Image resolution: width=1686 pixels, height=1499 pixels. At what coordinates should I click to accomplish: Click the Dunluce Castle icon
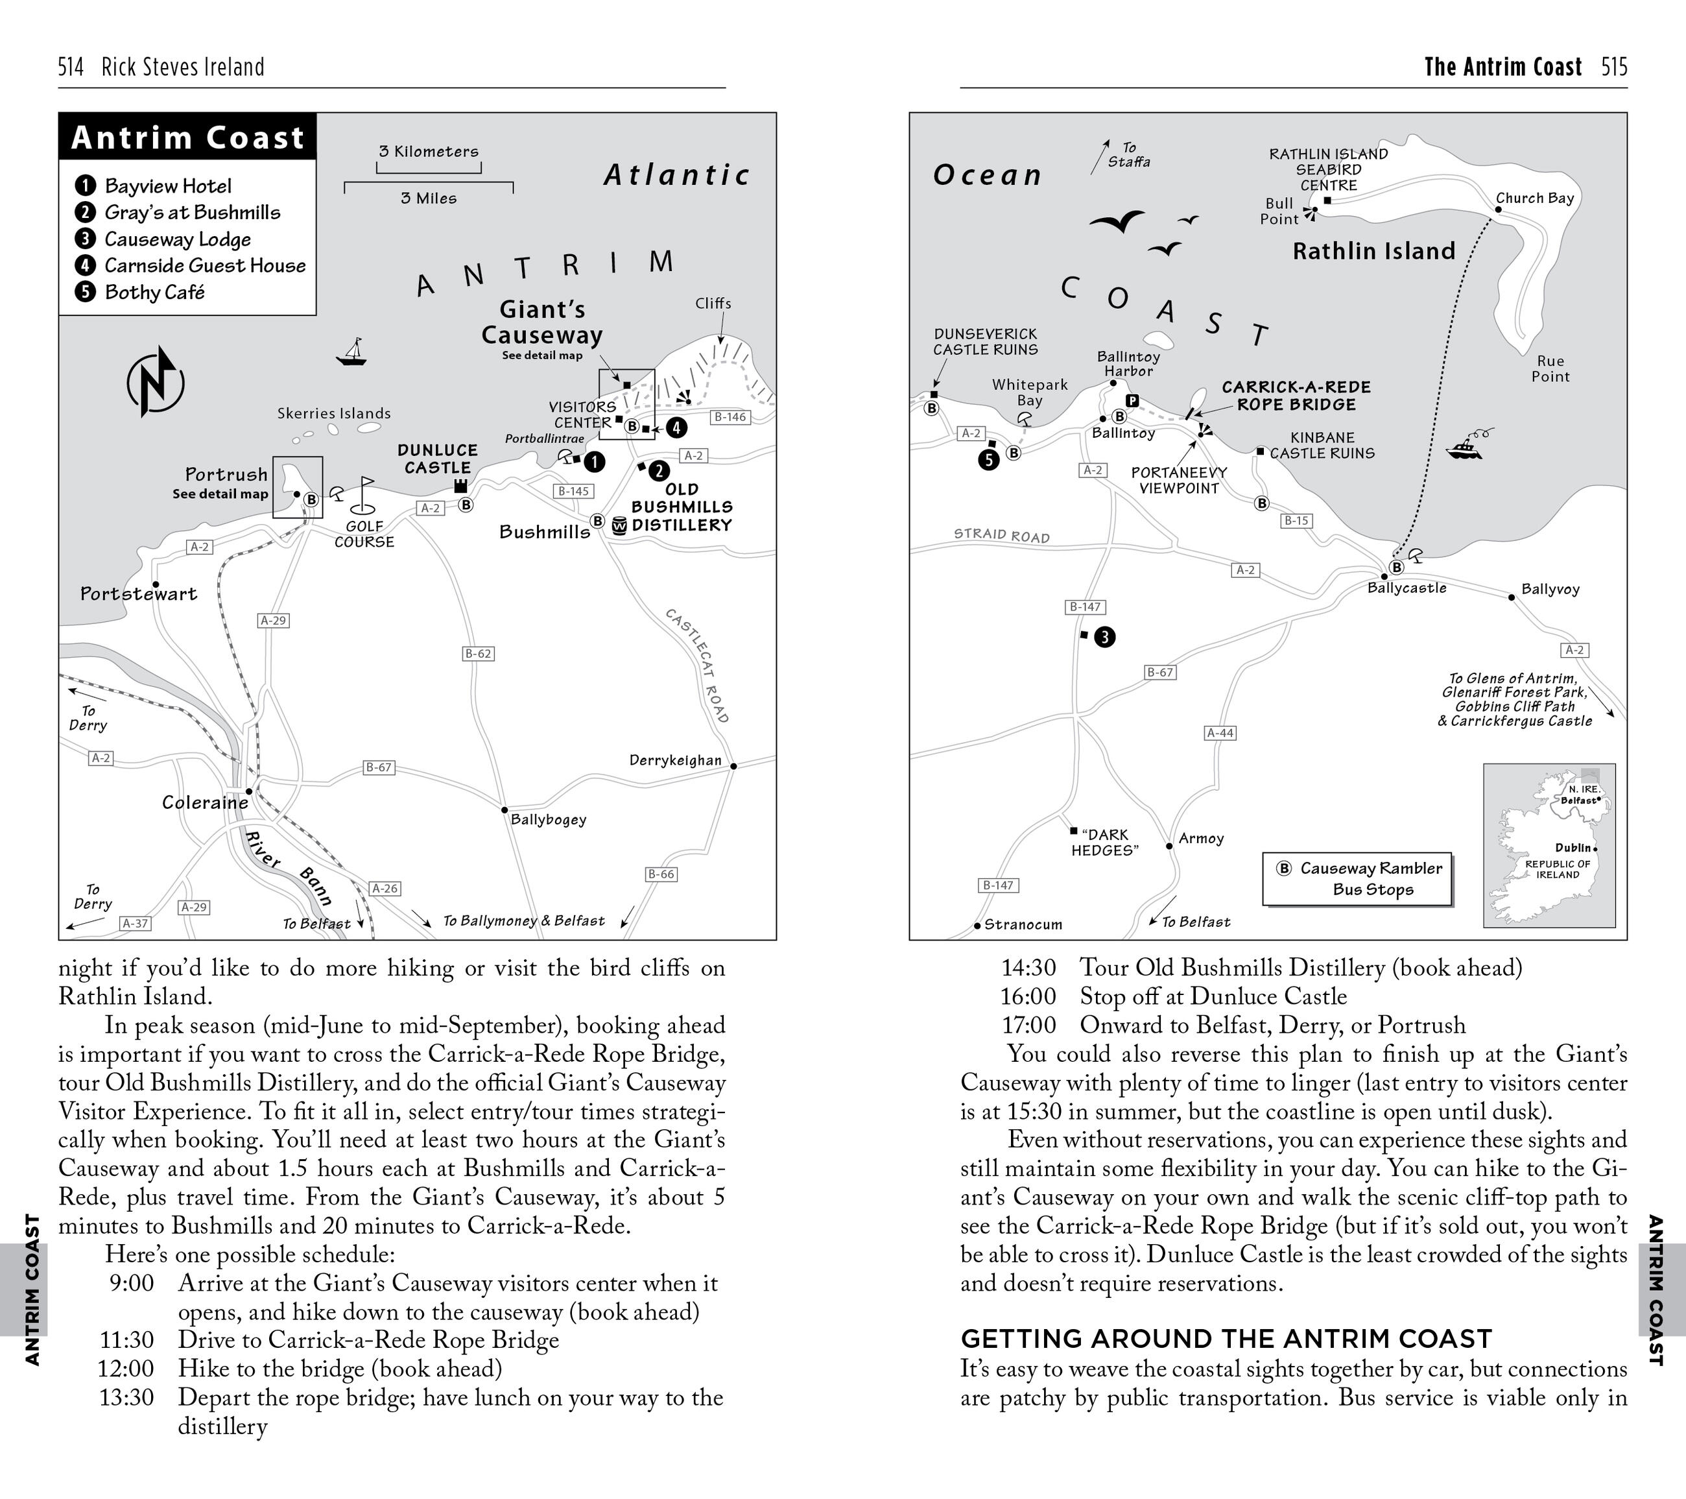point(461,485)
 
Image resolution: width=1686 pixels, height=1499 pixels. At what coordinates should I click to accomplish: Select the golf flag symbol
point(364,495)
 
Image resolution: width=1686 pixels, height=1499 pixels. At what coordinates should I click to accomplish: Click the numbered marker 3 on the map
point(1104,637)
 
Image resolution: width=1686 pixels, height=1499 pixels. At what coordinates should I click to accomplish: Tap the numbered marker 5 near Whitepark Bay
point(989,461)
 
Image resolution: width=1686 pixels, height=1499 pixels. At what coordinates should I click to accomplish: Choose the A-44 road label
point(1220,732)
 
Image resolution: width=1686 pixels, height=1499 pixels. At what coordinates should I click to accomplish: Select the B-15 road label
point(1296,521)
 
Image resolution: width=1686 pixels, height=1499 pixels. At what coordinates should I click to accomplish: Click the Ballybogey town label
point(549,819)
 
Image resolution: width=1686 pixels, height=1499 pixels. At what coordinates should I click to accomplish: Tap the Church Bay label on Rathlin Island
point(1534,198)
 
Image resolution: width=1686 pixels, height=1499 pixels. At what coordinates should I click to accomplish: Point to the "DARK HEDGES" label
point(1104,843)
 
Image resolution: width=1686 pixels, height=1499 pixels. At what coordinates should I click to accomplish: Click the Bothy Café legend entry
point(154,292)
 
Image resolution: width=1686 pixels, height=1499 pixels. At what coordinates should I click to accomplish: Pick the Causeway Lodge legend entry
point(177,239)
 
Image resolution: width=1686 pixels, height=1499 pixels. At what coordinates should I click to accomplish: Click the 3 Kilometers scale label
point(428,151)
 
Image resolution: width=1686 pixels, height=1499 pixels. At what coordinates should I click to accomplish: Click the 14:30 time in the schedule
point(1028,968)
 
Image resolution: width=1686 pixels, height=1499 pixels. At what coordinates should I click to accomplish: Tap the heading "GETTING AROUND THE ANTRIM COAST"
point(1226,1338)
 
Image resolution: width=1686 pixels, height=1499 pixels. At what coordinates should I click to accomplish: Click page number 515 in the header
point(1614,67)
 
